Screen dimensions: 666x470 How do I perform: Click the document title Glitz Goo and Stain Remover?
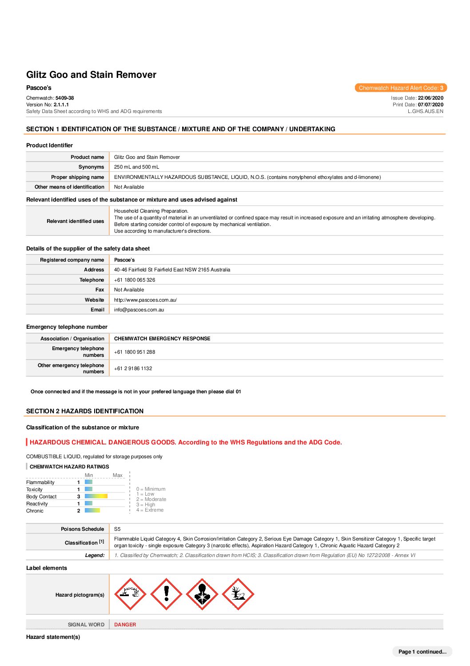pyautogui.click(x=91, y=75)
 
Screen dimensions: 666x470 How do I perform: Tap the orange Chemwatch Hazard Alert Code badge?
pyautogui.click(x=401, y=88)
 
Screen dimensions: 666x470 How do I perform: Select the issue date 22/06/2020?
pyautogui.click(x=430, y=98)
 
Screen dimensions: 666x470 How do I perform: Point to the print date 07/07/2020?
pyautogui.click(x=430, y=105)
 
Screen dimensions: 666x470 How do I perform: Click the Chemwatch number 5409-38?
pyautogui.click(x=64, y=98)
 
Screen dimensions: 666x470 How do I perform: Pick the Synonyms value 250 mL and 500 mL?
pyautogui.click(x=136, y=167)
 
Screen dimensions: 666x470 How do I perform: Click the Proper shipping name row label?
pyautogui.click(x=77, y=177)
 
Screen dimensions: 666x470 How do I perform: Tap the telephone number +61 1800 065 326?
pyautogui.click(x=135, y=280)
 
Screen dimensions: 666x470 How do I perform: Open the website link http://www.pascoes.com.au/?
pyautogui.click(x=145, y=300)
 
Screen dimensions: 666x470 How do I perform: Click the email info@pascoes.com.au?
pyautogui.click(x=139, y=310)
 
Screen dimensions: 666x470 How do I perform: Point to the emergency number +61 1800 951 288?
pyautogui.click(x=135, y=352)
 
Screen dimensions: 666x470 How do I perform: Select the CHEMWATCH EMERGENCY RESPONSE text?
pyautogui.click(x=162, y=339)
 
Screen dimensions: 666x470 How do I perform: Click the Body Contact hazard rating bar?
pyautogui.click(x=96, y=496)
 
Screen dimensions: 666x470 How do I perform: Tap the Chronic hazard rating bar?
pyautogui.click(x=92, y=510)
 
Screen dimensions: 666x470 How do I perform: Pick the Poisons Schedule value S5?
pyautogui.click(x=117, y=529)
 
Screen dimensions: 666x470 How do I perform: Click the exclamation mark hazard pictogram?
pyautogui.click(x=166, y=594)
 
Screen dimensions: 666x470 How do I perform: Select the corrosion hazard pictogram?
pyautogui.click(x=130, y=594)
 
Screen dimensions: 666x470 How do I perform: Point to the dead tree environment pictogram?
pyautogui.click(x=238, y=594)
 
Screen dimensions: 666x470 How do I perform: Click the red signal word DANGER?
pyautogui.click(x=125, y=625)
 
